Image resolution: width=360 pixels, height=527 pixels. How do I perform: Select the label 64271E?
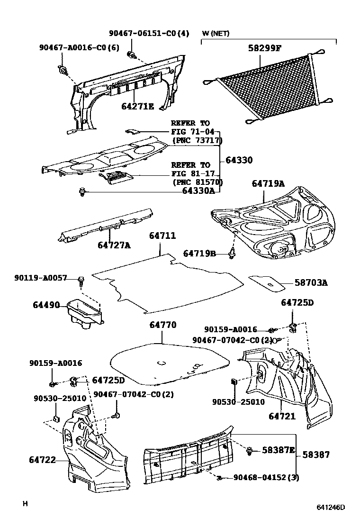point(137,107)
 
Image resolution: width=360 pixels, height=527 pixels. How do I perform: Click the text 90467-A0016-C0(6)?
point(79,47)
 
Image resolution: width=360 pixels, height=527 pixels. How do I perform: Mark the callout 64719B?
point(199,254)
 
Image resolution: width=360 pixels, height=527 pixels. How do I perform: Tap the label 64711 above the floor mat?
point(162,236)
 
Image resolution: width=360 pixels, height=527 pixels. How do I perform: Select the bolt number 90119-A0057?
point(41,278)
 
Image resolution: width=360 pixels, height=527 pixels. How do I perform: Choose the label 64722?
point(42,459)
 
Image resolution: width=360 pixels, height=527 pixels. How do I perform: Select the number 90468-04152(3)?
point(266,477)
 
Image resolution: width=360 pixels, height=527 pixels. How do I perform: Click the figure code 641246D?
point(331,507)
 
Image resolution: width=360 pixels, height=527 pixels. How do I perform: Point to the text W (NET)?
point(216,33)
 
